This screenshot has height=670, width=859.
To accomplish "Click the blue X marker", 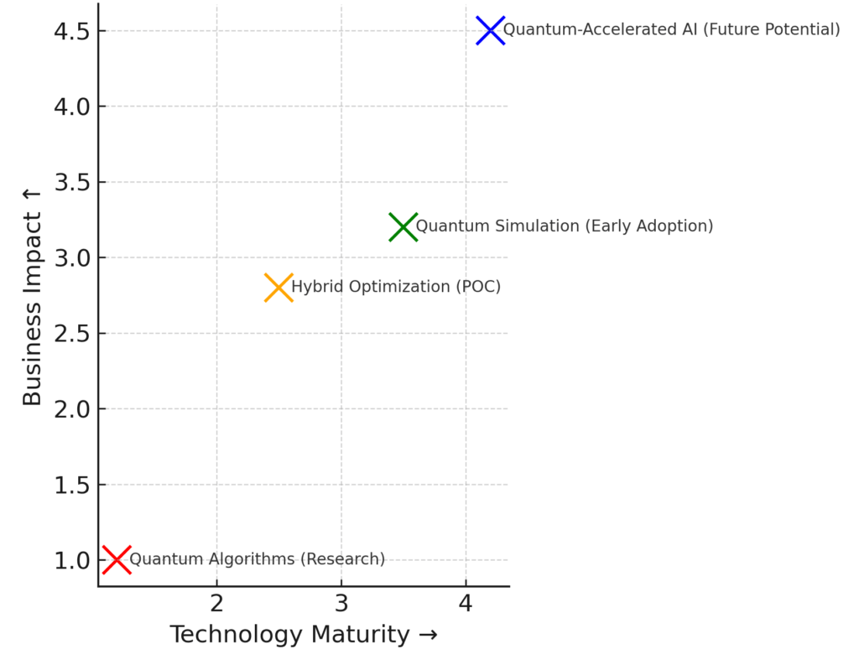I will [491, 31].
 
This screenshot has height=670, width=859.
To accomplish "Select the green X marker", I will [403, 226].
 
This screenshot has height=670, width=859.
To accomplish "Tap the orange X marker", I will [279, 288].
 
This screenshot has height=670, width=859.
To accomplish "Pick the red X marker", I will [117, 559].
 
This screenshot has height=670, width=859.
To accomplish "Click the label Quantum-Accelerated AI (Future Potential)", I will [671, 30].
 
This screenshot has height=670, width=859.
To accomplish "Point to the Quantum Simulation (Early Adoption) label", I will [565, 226].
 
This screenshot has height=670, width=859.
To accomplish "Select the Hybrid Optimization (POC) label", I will [396, 287].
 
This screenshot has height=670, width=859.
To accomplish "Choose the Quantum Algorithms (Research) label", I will [257, 559].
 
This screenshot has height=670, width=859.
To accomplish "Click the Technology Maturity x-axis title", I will [303, 635].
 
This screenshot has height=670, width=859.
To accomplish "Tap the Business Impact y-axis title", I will [32, 297].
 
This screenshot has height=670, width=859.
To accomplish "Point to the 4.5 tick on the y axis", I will [73, 32].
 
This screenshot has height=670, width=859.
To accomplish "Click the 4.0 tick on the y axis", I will [73, 107].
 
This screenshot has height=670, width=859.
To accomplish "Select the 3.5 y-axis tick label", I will [73, 183].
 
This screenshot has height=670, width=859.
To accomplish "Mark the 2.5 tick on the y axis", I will [73, 334].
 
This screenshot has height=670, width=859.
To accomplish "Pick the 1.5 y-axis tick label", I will [73, 485].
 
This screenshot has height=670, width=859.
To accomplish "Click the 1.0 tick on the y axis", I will [73, 560].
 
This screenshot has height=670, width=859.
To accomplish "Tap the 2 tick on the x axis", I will [216, 603].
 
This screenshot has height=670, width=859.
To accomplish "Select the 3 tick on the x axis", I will [341, 603].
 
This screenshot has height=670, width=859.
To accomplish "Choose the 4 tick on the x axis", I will [466, 603].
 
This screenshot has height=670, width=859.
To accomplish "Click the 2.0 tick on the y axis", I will [73, 409].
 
